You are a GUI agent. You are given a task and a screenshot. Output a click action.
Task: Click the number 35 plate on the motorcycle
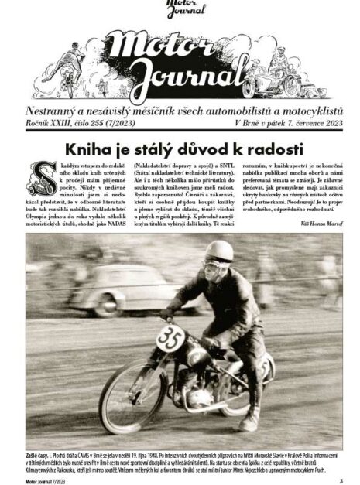click(x=170, y=338)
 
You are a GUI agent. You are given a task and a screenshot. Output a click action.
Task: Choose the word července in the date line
click(x=298, y=124)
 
